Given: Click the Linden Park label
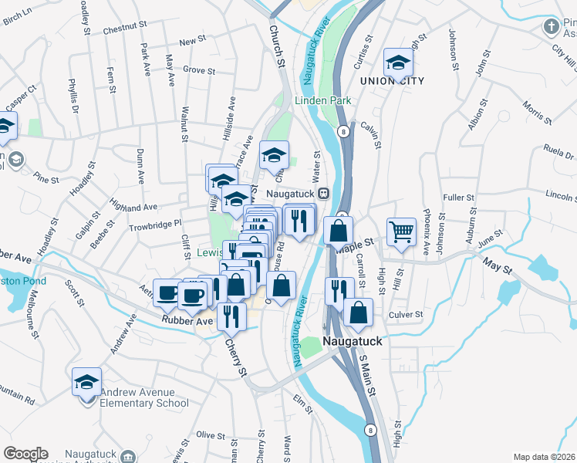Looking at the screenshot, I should pyautogui.click(x=322, y=100).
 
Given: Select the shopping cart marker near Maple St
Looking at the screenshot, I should pyautogui.click(x=402, y=231).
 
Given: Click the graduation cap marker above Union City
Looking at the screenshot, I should pyautogui.click(x=398, y=62).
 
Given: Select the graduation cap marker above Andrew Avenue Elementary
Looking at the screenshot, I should pyautogui.click(x=86, y=381).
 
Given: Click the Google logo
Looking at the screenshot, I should pyautogui.click(x=25, y=454).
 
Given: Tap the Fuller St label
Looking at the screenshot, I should pyautogui.click(x=458, y=198).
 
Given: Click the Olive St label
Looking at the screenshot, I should pyautogui.click(x=210, y=435).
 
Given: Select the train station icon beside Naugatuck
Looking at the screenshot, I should pyautogui.click(x=325, y=193).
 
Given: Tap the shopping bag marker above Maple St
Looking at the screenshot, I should pyautogui.click(x=339, y=230).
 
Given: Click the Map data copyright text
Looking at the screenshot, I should pyautogui.click(x=544, y=457).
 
